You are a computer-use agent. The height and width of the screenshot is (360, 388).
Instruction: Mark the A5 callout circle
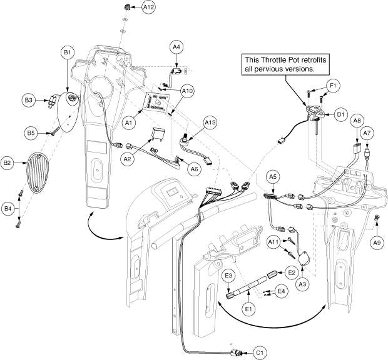click(273, 177)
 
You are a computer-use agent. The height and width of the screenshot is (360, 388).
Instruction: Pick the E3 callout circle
click(228, 276)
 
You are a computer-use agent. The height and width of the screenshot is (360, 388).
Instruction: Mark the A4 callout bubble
click(176, 47)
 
